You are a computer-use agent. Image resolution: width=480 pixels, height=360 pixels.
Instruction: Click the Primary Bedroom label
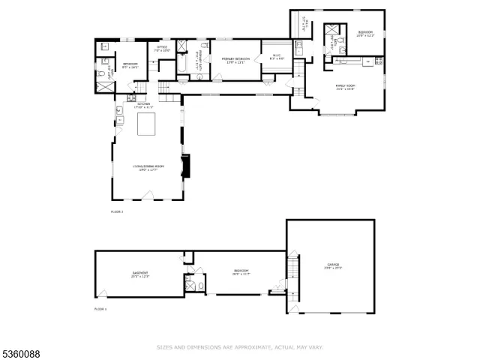(x=235, y=58)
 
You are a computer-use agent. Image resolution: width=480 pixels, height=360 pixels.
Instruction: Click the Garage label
(x=332, y=265)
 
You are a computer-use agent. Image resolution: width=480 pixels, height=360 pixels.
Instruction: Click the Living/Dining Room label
(x=148, y=166)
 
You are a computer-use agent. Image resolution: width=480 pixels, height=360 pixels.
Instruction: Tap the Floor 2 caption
(x=116, y=212)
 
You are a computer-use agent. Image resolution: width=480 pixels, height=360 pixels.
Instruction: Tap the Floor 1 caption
(x=100, y=308)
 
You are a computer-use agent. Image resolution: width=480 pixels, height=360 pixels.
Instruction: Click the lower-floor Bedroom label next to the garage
(x=241, y=271)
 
